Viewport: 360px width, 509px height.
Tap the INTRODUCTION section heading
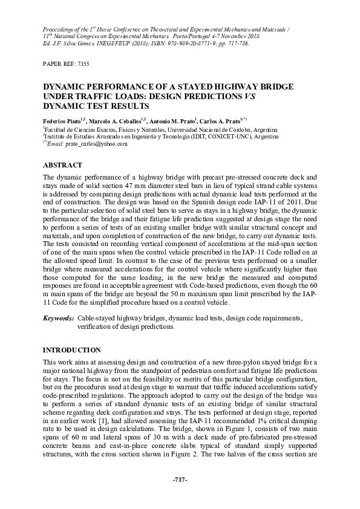point(72,350)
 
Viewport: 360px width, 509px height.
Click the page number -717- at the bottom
point(180,479)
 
